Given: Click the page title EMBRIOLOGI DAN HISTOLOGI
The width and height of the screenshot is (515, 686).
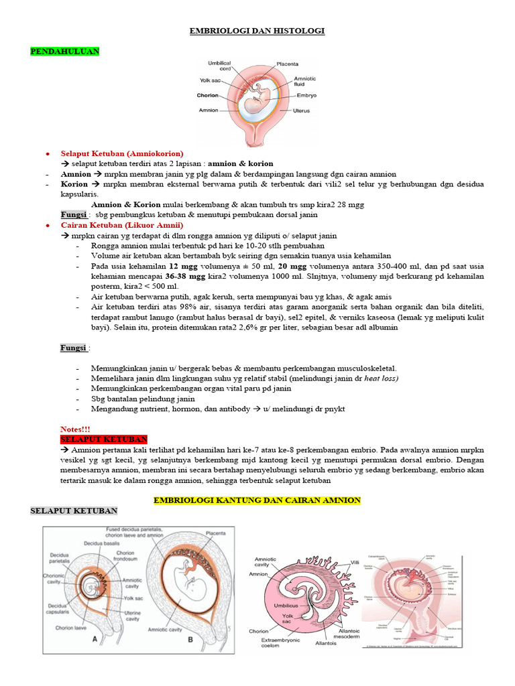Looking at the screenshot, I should click(x=257, y=31).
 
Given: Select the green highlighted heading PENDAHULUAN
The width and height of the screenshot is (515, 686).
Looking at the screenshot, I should click(x=65, y=51).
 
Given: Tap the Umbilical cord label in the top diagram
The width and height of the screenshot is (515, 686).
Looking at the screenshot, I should click(x=219, y=66).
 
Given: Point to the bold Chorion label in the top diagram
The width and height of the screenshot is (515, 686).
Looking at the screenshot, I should click(x=208, y=95).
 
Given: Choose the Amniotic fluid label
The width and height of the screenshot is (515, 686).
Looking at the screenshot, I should click(x=305, y=81).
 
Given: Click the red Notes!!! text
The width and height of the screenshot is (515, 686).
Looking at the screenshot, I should click(x=75, y=429).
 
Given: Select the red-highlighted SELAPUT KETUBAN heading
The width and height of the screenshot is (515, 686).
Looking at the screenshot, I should click(x=104, y=439).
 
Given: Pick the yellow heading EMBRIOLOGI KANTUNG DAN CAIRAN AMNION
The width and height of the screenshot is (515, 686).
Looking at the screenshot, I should click(x=257, y=500).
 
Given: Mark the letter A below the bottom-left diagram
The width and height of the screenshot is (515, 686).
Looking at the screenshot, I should click(x=95, y=639).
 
